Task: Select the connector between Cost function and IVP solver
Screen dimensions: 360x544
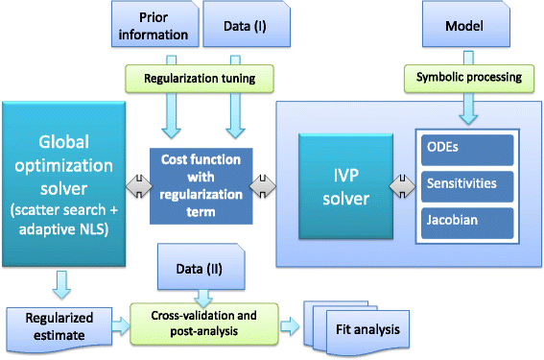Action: (259, 182)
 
